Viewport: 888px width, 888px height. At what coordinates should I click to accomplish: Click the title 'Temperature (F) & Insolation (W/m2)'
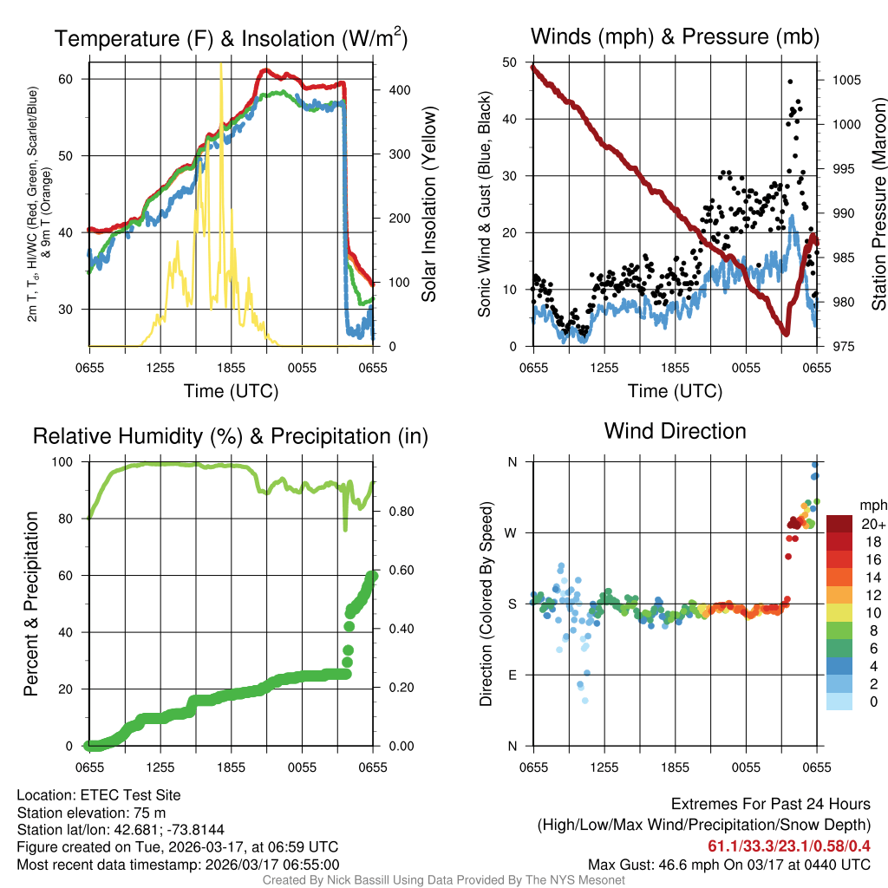click(231, 38)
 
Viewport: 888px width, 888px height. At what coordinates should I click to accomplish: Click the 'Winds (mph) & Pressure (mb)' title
click(675, 36)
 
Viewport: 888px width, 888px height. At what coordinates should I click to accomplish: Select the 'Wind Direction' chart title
click(675, 431)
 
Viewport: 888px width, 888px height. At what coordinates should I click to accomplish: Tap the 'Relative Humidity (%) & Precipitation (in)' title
click(231, 436)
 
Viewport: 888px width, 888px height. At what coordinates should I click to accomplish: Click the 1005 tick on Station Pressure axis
click(846, 81)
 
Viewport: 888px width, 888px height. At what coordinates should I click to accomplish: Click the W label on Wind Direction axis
click(513, 532)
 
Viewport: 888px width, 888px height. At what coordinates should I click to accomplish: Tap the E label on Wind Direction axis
click(513, 675)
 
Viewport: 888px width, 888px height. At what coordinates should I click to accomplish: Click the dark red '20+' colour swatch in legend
click(841, 524)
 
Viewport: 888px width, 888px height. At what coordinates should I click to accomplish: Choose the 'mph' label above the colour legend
click(871, 505)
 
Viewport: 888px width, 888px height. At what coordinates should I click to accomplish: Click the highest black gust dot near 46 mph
click(790, 82)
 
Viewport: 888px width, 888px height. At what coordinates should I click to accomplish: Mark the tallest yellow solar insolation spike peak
click(221, 65)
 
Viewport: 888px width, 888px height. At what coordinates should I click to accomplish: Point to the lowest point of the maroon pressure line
click(786, 333)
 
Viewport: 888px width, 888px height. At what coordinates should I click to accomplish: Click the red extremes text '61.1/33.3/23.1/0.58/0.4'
click(789, 846)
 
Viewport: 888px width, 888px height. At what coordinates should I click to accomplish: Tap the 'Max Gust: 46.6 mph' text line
click(728, 864)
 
